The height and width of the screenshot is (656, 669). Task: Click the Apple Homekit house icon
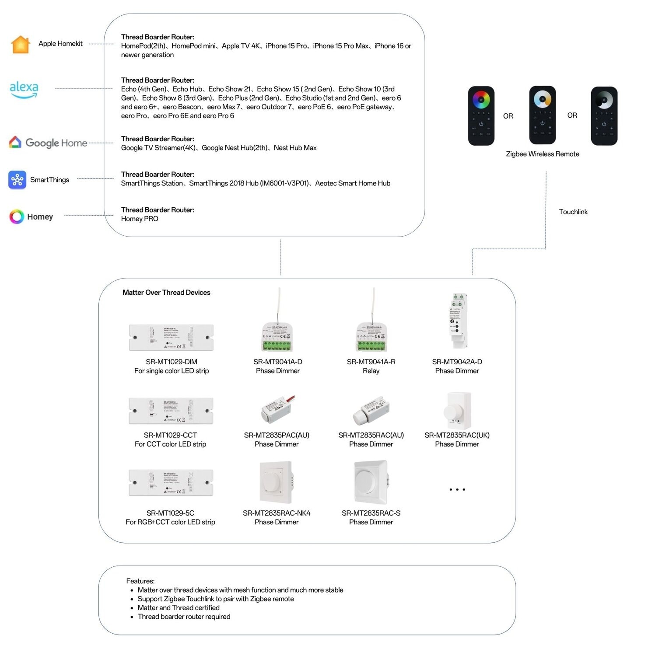pos(21,44)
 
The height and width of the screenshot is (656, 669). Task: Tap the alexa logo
pos(24,89)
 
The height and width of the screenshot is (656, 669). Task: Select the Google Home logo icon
pos(15,142)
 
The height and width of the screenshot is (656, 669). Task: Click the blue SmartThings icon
pos(17,180)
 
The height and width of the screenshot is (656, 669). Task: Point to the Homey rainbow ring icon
pos(17,216)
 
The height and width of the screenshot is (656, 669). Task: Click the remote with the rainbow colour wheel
pos(481,115)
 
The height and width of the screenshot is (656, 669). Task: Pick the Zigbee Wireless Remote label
pos(542,154)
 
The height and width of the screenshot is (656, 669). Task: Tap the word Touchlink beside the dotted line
pos(573,212)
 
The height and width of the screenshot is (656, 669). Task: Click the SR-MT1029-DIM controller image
pos(171,337)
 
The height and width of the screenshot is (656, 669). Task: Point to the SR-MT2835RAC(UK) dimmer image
pos(458,411)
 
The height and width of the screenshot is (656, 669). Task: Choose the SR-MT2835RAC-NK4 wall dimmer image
pos(276,482)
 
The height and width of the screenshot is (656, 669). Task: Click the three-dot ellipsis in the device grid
pos(457,489)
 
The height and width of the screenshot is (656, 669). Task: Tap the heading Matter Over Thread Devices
pos(166,293)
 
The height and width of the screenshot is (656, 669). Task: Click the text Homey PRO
pos(140,219)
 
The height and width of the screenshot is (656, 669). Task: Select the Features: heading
pos(140,581)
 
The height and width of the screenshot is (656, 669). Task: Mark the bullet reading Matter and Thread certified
pos(179,607)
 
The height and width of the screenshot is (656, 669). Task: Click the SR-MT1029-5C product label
pos(170,513)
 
